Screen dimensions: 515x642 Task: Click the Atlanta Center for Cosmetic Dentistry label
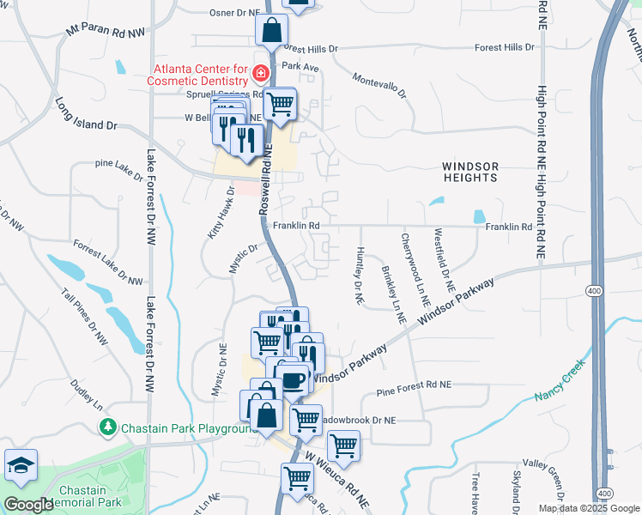point(203,75)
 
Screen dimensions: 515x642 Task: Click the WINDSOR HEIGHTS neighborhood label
point(469,171)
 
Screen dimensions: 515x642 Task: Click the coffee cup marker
point(294,378)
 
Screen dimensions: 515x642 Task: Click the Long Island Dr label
point(86,113)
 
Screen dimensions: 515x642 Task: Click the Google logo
point(28,504)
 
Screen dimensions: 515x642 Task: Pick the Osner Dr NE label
point(233,14)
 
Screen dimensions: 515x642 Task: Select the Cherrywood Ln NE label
point(414,264)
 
